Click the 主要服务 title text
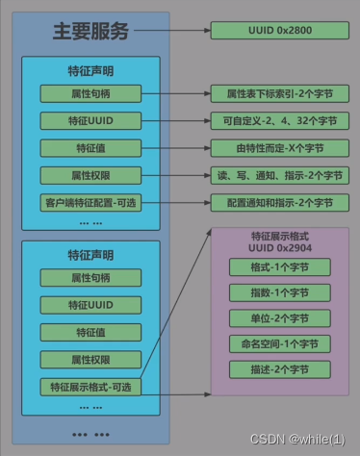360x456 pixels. point(90,31)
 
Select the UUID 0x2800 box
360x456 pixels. point(272,31)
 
